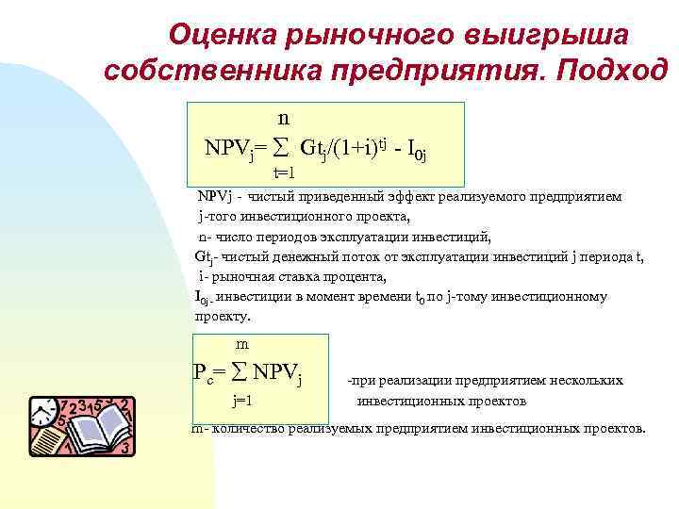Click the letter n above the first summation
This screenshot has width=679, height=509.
283,119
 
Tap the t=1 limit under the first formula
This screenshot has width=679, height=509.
284,172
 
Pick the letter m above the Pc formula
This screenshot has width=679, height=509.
242,344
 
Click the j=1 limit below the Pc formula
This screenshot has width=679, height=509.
243,401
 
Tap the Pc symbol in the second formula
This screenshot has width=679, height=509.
204,372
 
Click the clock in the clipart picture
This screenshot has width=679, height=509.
42,412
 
